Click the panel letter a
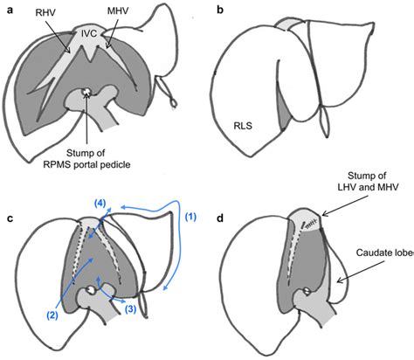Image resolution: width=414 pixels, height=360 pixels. point(9,10)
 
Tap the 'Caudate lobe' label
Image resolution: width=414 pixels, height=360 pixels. point(377,253)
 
